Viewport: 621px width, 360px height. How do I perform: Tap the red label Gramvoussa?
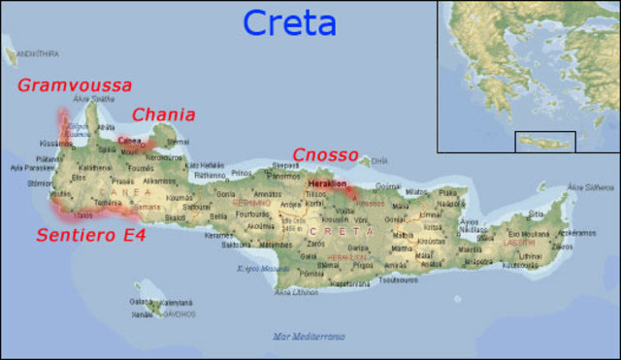(x=74, y=85)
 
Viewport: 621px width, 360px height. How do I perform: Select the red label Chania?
(x=163, y=115)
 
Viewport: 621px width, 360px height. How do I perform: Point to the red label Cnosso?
(x=326, y=155)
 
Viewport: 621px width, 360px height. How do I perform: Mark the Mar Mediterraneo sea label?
(x=309, y=336)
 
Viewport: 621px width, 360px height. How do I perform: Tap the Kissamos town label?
(x=55, y=144)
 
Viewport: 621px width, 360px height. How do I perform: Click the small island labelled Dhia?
(x=378, y=161)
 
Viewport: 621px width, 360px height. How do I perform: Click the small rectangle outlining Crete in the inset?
(x=544, y=142)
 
